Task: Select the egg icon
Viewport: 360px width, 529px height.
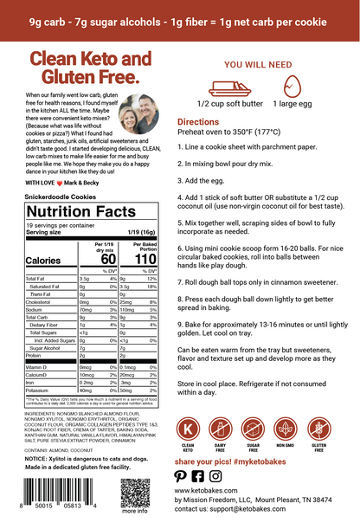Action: [x=292, y=86]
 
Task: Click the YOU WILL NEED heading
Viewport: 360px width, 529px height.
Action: [x=256, y=63]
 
